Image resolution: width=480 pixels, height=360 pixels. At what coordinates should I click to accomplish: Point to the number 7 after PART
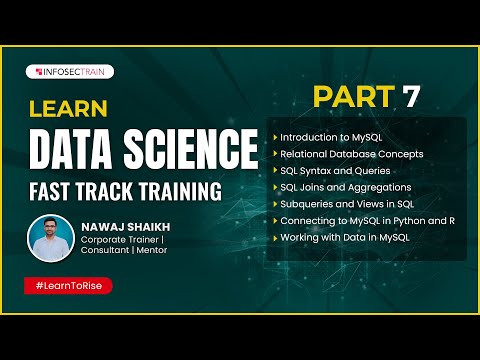click(x=410, y=97)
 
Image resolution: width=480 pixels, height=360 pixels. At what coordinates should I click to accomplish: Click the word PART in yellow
click(x=356, y=97)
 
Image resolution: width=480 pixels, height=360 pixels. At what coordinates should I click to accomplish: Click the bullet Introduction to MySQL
click(x=331, y=136)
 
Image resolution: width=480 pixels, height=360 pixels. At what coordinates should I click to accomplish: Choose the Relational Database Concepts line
click(x=352, y=153)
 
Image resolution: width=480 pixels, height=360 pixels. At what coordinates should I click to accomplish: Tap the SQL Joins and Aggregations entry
click(x=346, y=186)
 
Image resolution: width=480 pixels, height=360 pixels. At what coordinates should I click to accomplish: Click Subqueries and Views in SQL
click(x=345, y=203)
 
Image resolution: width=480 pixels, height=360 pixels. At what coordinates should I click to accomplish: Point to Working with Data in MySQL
click(x=346, y=237)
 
